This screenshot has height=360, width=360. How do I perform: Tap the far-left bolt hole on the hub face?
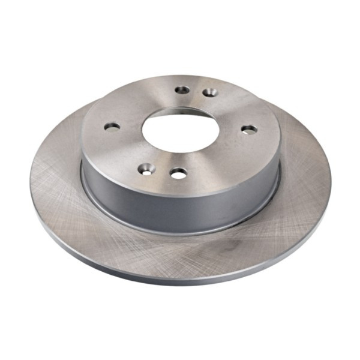tap(112, 127)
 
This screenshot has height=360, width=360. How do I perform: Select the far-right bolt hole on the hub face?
tap(248, 128)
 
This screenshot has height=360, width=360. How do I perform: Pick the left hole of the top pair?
tap(182, 90)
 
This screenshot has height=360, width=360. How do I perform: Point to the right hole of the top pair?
tap(209, 92)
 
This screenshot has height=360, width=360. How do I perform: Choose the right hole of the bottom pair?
tap(178, 173)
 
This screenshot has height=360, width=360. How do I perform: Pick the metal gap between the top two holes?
tap(196, 91)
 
